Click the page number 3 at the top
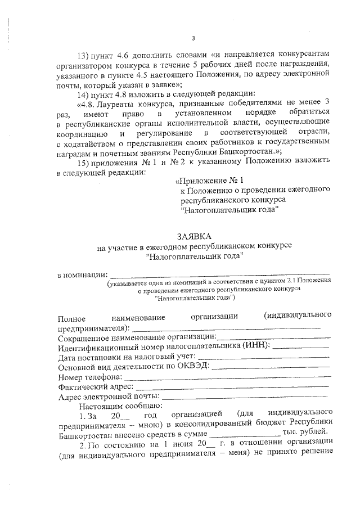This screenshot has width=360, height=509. (x=193, y=38)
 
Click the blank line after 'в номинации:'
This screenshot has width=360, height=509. (x=219, y=275)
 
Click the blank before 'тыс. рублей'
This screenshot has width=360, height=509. (x=244, y=435)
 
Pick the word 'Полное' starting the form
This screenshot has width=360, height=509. (x=71, y=317)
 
